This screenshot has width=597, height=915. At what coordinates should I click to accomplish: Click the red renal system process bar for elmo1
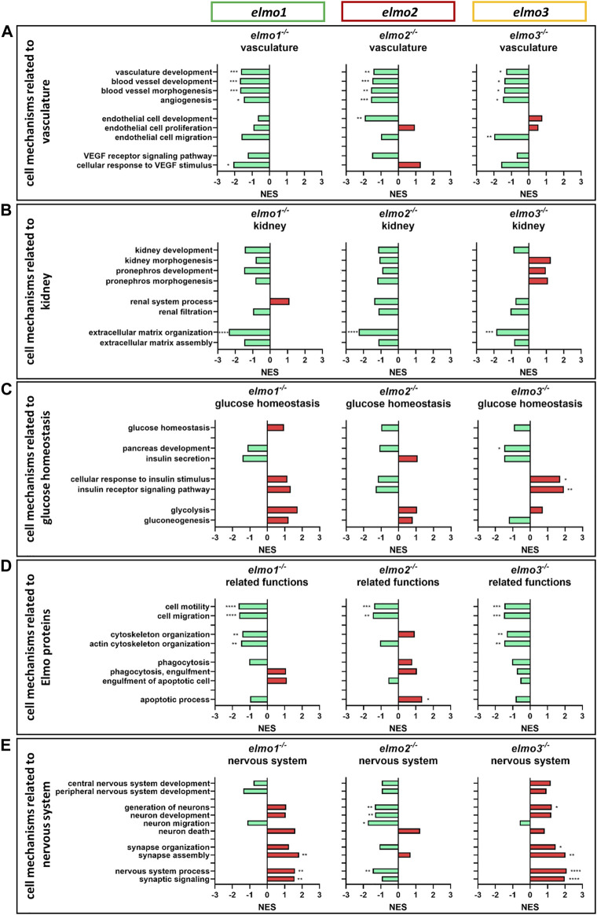coord(280,301)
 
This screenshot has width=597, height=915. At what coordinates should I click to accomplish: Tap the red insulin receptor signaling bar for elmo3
coord(547,489)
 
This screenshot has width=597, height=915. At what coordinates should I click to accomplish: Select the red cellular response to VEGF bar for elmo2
coord(409,165)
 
